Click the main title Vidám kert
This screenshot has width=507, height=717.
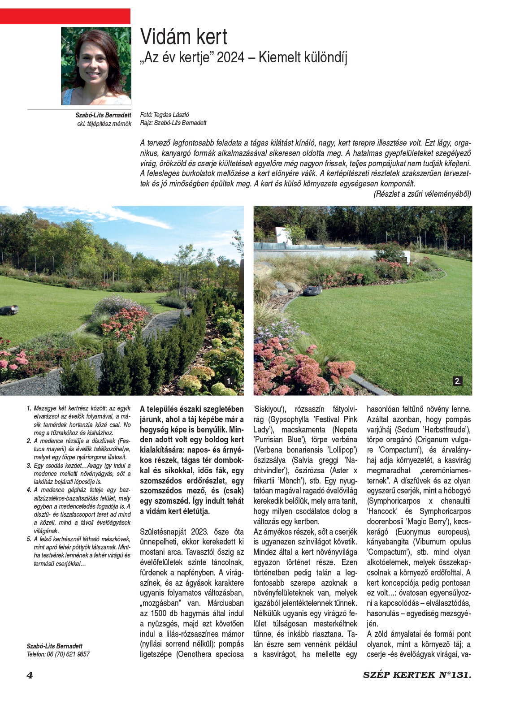[184, 37]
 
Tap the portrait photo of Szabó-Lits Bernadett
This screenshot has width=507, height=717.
[96, 66]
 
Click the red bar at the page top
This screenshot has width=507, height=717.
[65, 16]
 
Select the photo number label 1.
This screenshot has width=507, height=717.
[230, 381]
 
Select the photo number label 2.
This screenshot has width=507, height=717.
[457, 381]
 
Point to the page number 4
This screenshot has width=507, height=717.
[30, 675]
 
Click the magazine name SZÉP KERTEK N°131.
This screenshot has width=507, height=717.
[417, 675]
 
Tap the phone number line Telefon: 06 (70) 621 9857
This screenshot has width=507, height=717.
[58, 654]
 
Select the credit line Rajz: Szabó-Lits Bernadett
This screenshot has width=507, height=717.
[173, 123]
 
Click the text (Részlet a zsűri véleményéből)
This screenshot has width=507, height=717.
[422, 194]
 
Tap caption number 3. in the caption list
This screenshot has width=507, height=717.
[29, 466]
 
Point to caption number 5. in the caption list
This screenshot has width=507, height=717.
[29, 539]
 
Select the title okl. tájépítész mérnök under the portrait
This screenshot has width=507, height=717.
[104, 123]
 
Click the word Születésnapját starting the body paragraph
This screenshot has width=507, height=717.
[162, 532]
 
